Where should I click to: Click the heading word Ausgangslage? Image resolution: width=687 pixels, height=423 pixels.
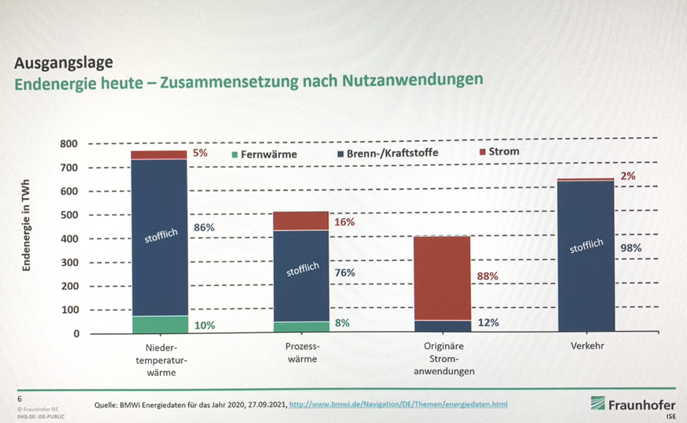(x=64, y=61)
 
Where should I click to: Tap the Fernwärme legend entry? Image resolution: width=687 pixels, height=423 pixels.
(x=264, y=154)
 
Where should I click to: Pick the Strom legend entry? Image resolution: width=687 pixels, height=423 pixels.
(x=499, y=151)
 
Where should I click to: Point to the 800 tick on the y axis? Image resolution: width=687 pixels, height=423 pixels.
(x=70, y=144)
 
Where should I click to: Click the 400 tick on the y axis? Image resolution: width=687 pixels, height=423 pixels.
(x=70, y=239)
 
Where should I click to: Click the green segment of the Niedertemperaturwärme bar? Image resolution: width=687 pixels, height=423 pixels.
(x=158, y=325)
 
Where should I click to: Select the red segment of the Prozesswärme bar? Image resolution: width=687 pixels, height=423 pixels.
(x=300, y=221)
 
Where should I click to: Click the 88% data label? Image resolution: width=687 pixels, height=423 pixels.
(x=488, y=276)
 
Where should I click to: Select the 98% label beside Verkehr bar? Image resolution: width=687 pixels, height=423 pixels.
(x=631, y=247)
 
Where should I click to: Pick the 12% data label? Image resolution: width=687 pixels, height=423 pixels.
(x=488, y=322)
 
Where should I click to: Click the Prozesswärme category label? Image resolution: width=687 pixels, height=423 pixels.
(x=300, y=352)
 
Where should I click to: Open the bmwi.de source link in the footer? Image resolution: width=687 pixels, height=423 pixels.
(x=399, y=404)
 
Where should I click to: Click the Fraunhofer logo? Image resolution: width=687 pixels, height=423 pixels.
(x=633, y=404)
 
